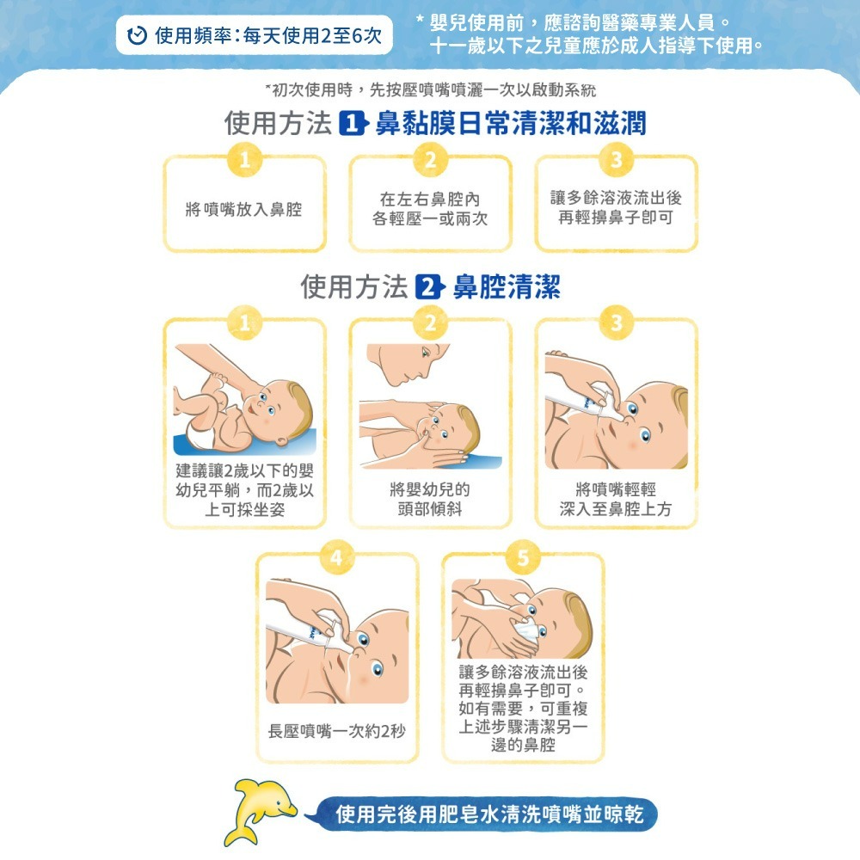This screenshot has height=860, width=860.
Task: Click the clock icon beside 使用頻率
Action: pos(137,36)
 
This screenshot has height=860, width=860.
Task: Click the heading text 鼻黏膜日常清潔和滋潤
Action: pos(511,124)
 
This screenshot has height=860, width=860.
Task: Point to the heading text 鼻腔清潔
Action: pos(507,287)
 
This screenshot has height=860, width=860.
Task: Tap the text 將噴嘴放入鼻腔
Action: pos(244,209)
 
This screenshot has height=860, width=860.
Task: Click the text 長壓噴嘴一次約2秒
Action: pos(336,730)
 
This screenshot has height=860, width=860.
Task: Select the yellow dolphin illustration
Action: pos(258,810)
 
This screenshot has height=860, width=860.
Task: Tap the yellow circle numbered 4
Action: pos(338,556)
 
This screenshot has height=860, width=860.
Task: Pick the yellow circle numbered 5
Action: pos(522,556)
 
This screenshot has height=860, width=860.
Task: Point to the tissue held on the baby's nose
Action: pos(526,635)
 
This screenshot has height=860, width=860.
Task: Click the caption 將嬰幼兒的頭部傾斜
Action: pos(430,499)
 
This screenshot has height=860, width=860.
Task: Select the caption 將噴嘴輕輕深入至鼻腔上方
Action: pos(616,499)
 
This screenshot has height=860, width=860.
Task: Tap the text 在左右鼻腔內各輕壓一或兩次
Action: pos(430,209)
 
